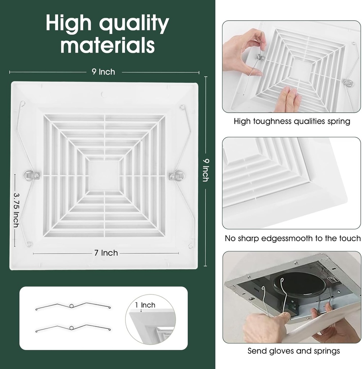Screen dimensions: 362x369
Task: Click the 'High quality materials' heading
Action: (x=107, y=34)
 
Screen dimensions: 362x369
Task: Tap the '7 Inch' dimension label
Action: (x=106, y=253)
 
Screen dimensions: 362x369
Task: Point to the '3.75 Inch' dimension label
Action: (x=16, y=210)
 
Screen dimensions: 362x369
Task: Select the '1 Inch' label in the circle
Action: (x=145, y=305)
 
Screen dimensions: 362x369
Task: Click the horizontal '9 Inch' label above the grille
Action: (x=103, y=72)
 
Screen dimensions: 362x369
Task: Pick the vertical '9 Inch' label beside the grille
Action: (x=206, y=170)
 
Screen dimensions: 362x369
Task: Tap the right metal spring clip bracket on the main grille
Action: (x=176, y=176)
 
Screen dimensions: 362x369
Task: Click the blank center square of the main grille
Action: (x=103, y=175)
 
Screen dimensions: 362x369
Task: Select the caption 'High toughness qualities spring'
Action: (x=292, y=121)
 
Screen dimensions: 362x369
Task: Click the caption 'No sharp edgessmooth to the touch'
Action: (x=292, y=239)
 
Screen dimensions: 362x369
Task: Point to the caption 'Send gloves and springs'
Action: (x=293, y=351)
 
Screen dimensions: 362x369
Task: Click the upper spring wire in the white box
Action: (x=73, y=306)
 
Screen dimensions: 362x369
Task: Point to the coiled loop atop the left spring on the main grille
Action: (x=22, y=103)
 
